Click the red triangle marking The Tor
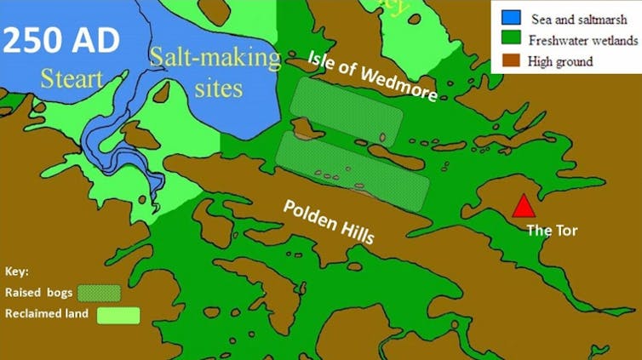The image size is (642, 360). coord(523,207)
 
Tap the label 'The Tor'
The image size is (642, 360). coord(547,230)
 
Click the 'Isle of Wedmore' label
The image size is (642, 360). coord(373,76)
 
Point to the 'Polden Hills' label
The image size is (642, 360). coord(328,221)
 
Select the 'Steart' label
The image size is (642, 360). coord(74,80)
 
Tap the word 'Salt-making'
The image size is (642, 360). coord(214,58)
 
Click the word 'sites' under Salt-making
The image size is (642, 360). coord(217,87)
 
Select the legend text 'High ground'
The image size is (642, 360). coord(560,61)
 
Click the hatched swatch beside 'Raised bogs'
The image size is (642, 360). coord(99,293)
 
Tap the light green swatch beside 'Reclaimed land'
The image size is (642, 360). coord(118,315)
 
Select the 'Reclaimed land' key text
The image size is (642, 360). coord(47,314)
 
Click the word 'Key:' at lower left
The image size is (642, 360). coord(17,271)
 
